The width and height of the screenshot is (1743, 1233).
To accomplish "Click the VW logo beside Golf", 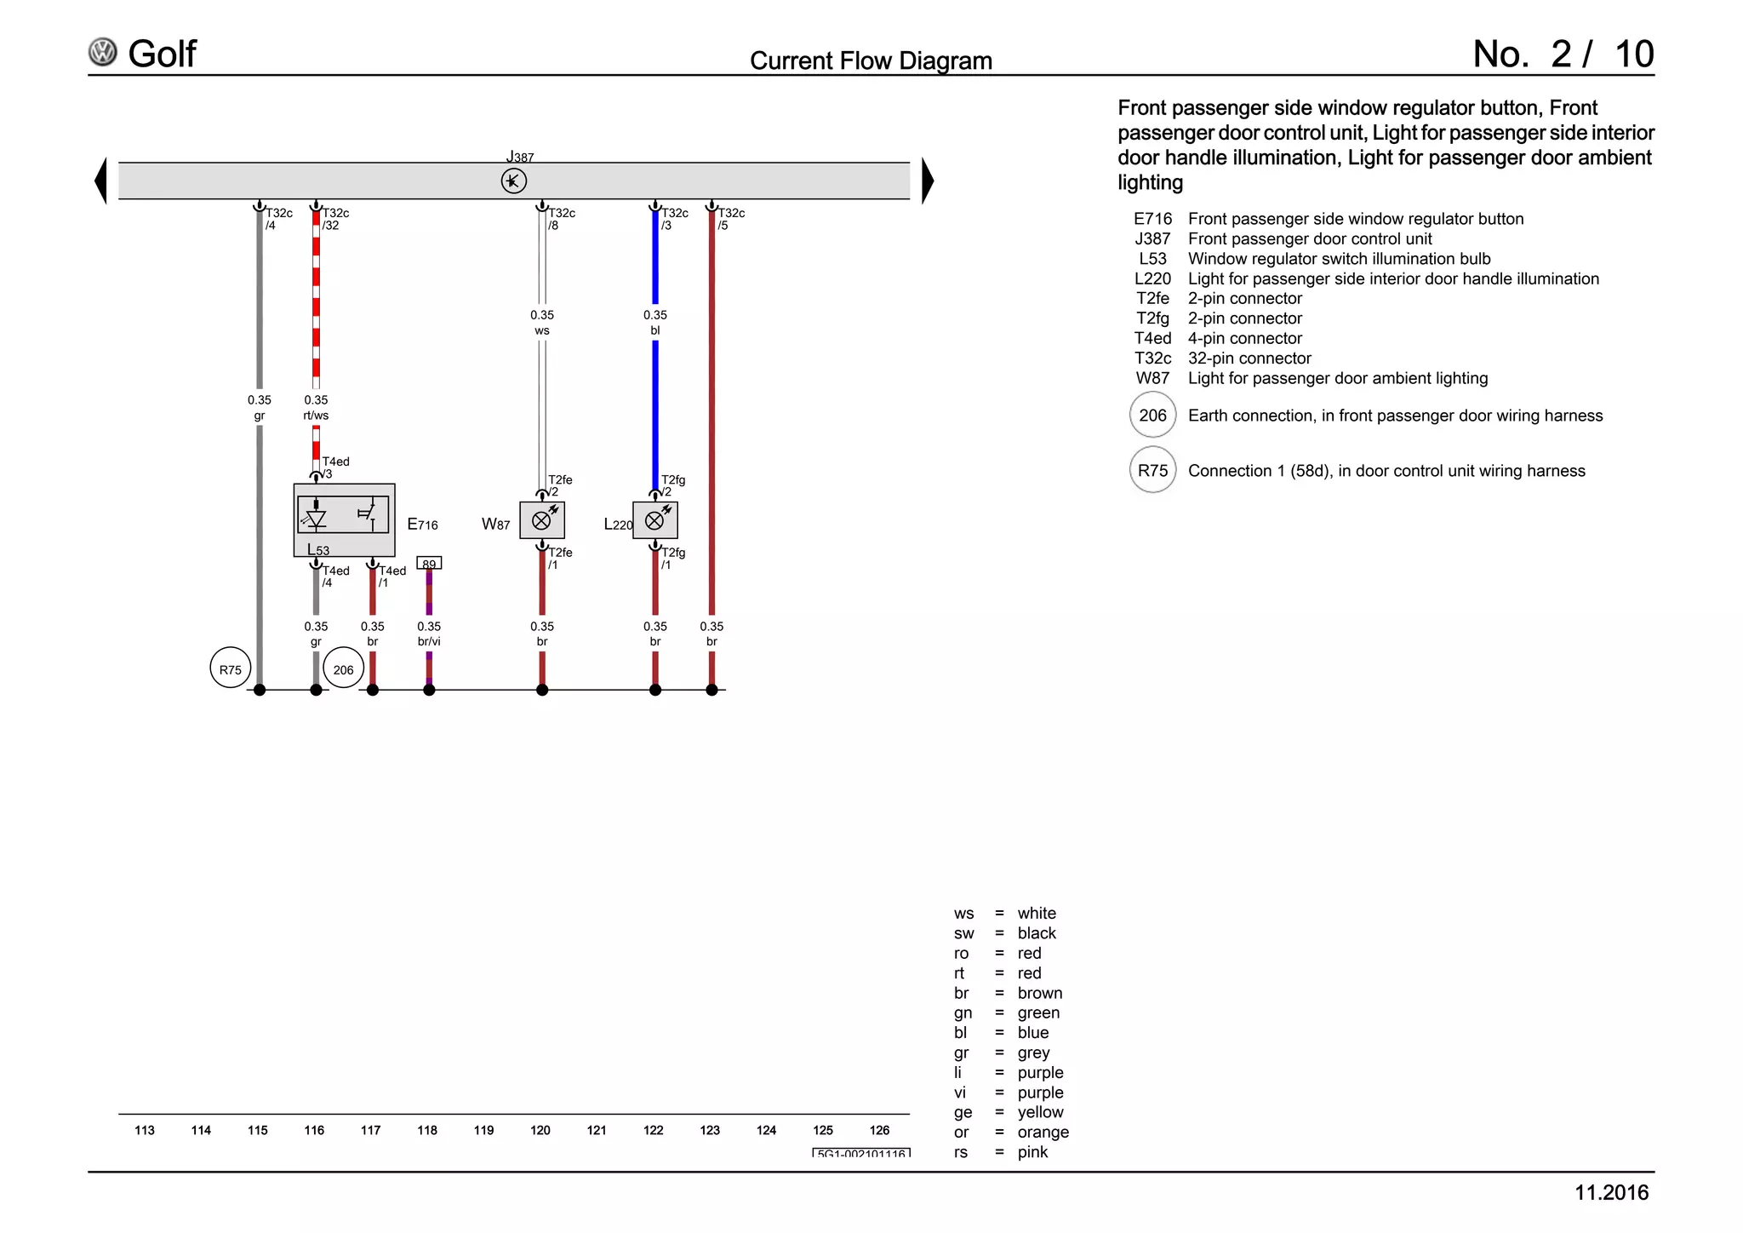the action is (x=103, y=53).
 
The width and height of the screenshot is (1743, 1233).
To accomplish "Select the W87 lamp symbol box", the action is (x=542, y=520).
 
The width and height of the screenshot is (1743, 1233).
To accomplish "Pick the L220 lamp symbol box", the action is (x=655, y=520).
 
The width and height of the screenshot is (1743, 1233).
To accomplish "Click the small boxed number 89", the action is (x=429, y=563).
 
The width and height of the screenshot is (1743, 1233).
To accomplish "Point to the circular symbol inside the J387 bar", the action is (x=514, y=181).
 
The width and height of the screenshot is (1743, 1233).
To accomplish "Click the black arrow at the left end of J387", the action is (x=100, y=181).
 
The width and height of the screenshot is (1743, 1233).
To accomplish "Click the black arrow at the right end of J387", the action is (x=929, y=181).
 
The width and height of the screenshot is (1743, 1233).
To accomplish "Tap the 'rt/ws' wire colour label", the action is (x=316, y=416).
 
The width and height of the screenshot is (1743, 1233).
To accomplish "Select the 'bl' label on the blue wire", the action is (x=655, y=330).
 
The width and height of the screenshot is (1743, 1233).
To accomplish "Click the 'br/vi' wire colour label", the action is (x=429, y=642).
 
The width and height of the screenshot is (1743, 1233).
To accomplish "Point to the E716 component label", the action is (x=423, y=525).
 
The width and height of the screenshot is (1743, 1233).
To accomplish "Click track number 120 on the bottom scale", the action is (x=540, y=1130).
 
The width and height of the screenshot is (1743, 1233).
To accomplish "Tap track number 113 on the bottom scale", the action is (x=145, y=1130).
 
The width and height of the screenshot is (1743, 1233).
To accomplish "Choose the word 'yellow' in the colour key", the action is (x=1041, y=1112).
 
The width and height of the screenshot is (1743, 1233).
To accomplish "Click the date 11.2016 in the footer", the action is (x=1612, y=1193).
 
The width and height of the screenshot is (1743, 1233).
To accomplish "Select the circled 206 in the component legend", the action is (x=1153, y=415).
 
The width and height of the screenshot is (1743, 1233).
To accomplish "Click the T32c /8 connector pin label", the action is (x=562, y=219).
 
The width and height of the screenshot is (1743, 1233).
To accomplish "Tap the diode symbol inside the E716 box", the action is (x=317, y=516).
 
